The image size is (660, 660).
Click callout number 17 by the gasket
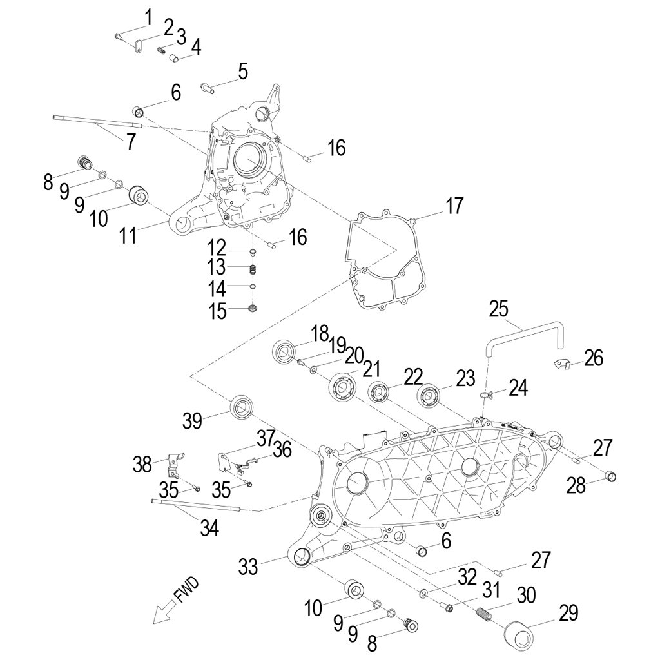454,206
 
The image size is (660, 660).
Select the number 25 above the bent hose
499,309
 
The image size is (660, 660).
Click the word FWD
188,591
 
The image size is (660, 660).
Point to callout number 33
248,567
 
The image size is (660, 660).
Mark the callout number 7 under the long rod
131,141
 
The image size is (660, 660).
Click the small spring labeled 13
253,269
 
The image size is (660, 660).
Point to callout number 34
209,529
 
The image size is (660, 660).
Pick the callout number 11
128,235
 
